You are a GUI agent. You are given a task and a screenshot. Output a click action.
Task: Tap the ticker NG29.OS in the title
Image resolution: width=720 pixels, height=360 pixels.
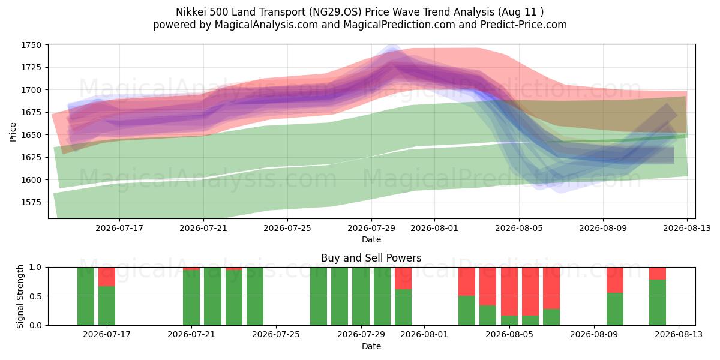click(335, 12)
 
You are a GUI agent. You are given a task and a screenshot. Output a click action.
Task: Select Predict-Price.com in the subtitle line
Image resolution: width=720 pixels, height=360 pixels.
click(524, 25)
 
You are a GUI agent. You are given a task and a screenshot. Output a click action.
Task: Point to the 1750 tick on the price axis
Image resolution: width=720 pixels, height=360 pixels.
click(31, 46)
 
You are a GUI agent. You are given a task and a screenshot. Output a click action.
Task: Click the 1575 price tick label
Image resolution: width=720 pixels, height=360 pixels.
click(31, 202)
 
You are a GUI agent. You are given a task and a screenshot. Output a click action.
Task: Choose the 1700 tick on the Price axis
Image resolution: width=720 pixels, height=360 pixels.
click(31, 90)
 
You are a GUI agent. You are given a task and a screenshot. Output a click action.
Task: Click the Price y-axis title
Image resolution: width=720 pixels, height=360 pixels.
click(13, 132)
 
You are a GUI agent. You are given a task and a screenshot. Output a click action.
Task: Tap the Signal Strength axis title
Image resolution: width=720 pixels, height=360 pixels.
click(20, 296)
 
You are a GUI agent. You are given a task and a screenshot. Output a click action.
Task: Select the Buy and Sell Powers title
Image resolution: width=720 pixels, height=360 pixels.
click(371, 258)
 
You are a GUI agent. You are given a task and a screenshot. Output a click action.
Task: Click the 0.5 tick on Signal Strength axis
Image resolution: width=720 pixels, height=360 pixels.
click(35, 296)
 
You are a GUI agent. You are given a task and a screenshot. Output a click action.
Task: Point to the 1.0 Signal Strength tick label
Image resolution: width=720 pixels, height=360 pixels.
click(35, 268)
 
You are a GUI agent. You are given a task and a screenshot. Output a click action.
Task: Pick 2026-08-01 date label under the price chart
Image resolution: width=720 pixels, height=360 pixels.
click(434, 228)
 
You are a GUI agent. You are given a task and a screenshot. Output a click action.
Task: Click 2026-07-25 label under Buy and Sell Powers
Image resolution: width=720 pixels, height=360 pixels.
click(276, 335)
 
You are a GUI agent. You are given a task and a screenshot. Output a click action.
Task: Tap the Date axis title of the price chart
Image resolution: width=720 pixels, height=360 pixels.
click(371, 239)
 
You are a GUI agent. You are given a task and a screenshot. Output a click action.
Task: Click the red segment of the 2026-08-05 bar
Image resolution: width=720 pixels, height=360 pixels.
click(509, 291)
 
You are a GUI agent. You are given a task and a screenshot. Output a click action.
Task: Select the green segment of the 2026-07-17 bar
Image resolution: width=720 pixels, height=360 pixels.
click(107, 305)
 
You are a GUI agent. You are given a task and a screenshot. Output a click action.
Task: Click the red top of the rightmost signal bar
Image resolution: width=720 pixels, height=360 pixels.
click(658, 273)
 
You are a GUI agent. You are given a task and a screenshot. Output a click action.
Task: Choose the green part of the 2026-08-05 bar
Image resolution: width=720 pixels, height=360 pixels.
click(509, 320)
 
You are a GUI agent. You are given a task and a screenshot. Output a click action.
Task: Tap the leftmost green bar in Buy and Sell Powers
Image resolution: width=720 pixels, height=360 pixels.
click(85, 296)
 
